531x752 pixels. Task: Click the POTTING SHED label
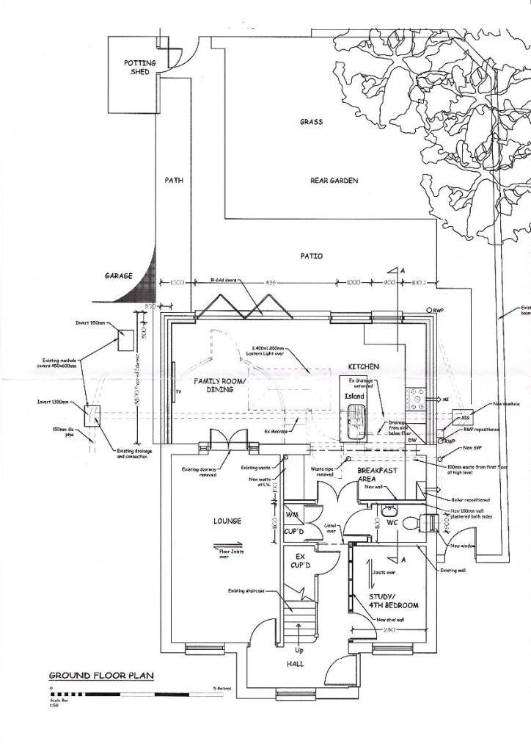click(140, 68)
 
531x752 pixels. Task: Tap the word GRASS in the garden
click(311, 122)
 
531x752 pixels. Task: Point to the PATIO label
click(311, 256)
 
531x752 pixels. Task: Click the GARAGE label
click(118, 276)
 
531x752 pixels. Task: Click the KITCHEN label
click(363, 366)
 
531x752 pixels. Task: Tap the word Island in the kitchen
click(354, 396)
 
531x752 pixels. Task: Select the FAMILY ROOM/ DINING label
click(214, 386)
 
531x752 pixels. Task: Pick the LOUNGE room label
click(227, 521)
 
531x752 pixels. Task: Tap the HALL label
click(295, 664)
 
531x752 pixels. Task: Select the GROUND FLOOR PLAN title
click(101, 675)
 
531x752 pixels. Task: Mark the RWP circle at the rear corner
click(430, 311)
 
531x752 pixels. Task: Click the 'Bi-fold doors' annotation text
click(223, 280)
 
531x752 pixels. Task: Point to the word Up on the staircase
click(299, 651)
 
